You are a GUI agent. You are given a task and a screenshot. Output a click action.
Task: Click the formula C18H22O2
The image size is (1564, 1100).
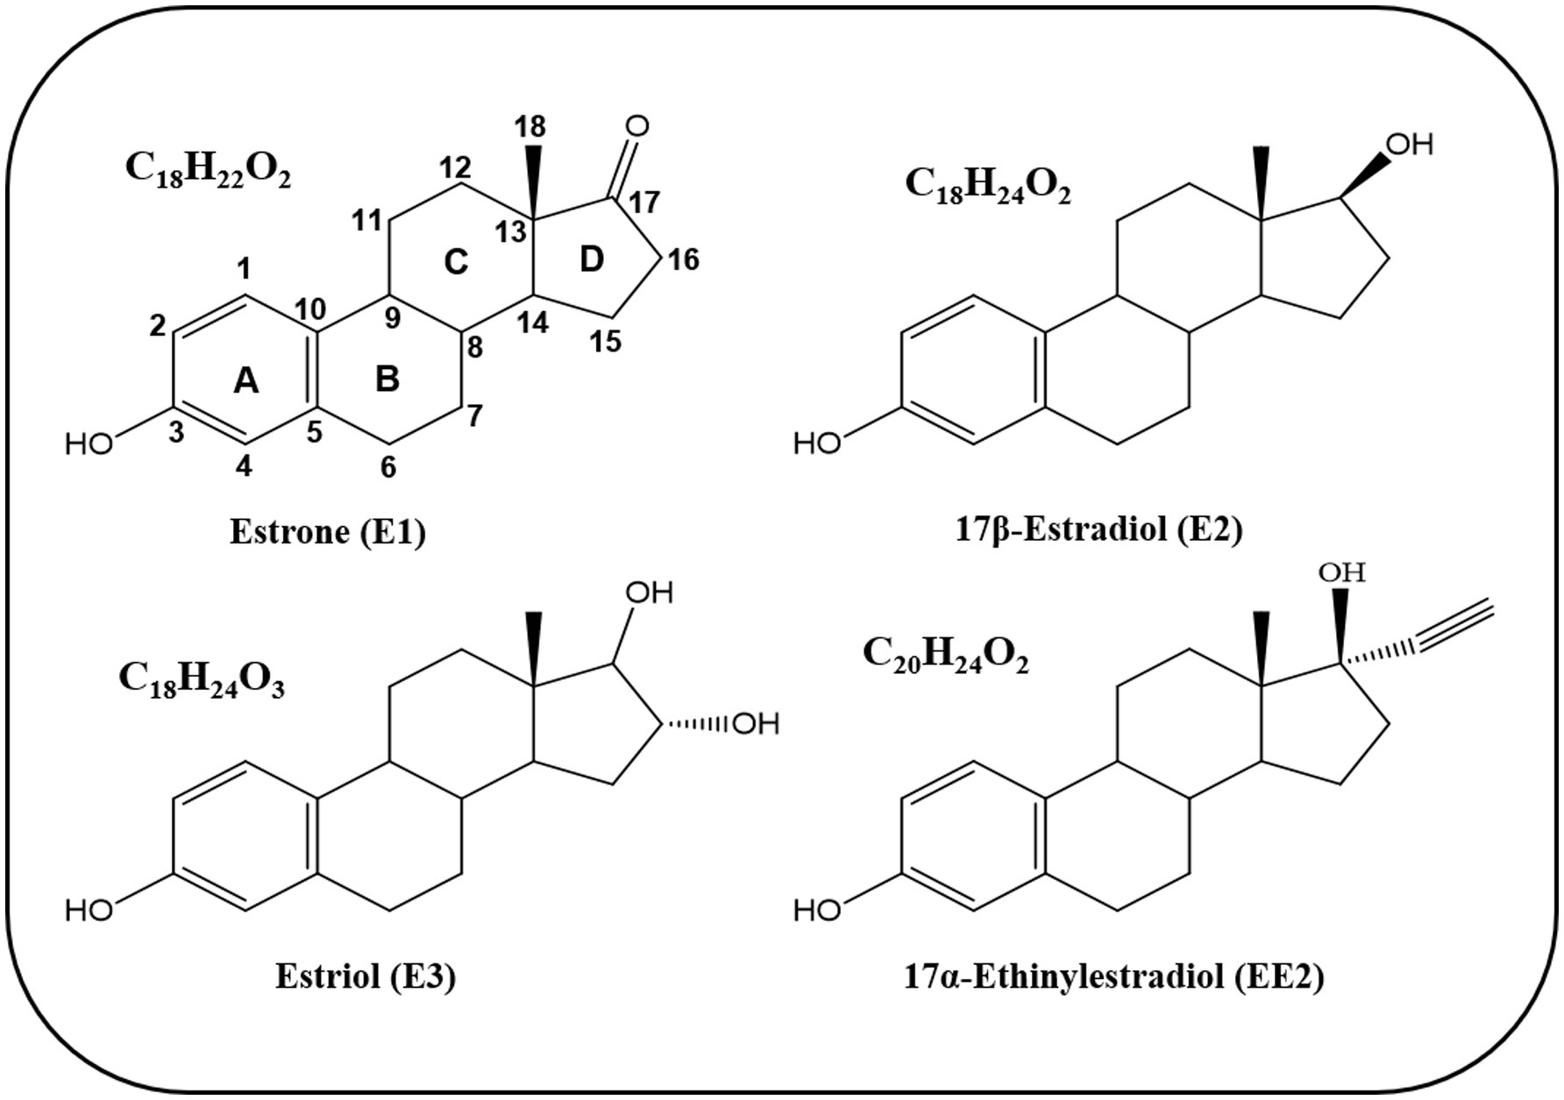tap(208, 169)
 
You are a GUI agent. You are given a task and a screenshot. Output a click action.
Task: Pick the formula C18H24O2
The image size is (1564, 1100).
tap(987, 187)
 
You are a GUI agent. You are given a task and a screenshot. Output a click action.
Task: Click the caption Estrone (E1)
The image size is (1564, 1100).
tap(327, 532)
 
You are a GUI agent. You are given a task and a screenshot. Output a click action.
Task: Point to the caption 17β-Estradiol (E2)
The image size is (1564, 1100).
tap(1098, 529)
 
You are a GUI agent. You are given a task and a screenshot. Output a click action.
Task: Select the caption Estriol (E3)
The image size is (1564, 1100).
tap(366, 976)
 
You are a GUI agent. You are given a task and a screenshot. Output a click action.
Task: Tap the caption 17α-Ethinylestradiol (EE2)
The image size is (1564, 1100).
tap(1113, 976)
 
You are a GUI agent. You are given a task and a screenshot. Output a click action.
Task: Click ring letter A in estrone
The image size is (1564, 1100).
tap(246, 381)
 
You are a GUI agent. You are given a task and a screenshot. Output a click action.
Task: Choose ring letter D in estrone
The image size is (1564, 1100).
tap(593, 259)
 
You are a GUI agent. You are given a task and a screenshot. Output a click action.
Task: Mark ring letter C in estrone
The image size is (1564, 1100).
tap(456, 261)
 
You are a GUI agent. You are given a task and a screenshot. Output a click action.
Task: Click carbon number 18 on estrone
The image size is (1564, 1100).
tap(530, 127)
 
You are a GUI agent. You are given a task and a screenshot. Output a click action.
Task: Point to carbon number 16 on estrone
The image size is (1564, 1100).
tap(684, 259)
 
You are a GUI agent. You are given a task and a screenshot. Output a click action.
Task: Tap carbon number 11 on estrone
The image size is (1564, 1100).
tap(369, 222)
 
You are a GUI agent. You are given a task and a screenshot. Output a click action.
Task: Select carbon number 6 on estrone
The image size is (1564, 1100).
tap(388, 468)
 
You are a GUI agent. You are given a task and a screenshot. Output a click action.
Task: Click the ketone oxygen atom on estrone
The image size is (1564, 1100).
tap(637, 127)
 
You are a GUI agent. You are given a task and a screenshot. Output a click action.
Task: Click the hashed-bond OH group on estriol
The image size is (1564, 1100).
tap(756, 724)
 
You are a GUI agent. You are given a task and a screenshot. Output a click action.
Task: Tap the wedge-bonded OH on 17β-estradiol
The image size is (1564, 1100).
tap(1411, 144)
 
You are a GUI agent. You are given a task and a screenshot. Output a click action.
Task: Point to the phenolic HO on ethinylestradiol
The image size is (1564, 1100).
tap(817, 912)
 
